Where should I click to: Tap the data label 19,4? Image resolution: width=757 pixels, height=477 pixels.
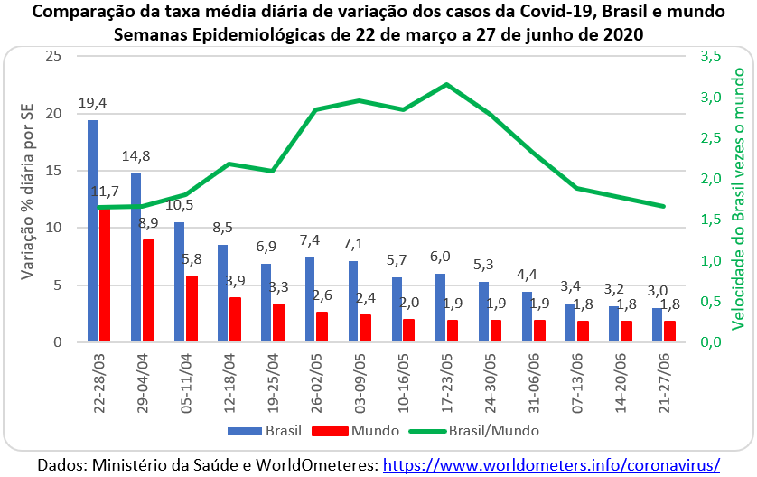coord(92,103)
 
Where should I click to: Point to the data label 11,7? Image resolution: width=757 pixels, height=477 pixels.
coord(107,192)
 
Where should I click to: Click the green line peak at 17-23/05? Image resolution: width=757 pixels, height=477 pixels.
coord(447,84)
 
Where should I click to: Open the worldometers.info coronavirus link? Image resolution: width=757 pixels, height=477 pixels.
coord(551,464)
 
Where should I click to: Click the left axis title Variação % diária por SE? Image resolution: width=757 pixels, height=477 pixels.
coord(24,199)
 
